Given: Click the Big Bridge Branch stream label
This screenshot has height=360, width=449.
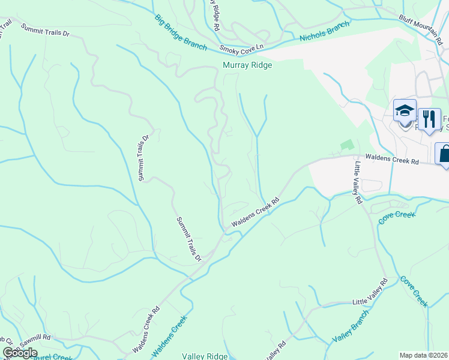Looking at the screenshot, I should [181, 32].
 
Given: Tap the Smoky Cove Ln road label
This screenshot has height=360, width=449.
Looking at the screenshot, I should [242, 47].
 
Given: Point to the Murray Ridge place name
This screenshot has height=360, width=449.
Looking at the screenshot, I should [247, 65].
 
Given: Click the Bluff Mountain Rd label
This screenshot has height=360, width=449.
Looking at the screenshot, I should [423, 27].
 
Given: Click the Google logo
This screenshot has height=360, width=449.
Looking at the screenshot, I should [20, 353].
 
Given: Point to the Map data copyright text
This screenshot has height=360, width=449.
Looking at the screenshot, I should [424, 355].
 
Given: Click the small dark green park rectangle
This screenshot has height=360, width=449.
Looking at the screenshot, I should [346, 145].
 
